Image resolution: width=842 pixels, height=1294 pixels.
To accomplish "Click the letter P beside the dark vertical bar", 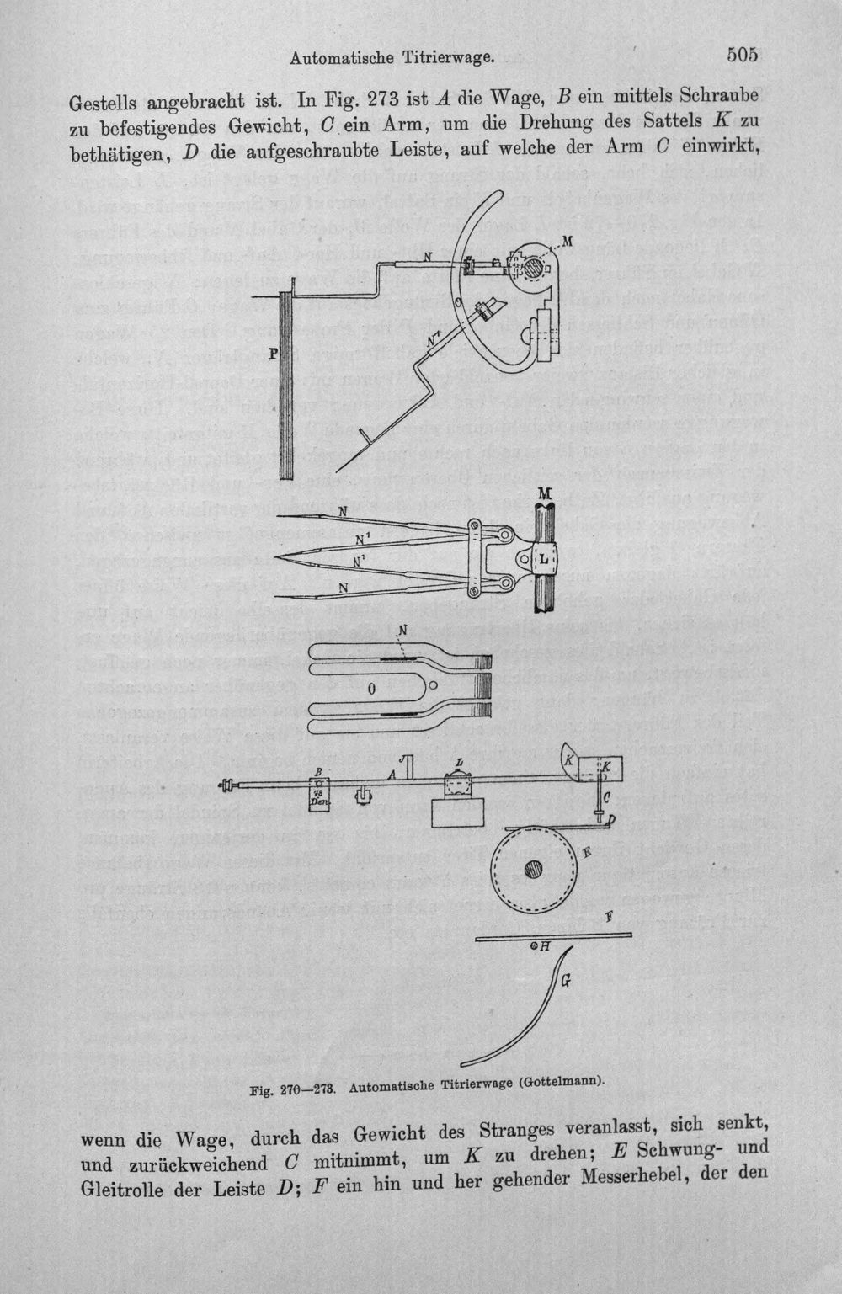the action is click(x=273, y=354).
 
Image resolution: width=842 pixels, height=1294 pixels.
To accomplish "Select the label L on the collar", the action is click(x=545, y=559).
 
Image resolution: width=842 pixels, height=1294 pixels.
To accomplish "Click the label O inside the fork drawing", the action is click(x=372, y=689).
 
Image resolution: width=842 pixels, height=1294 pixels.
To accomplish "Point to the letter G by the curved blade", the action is click(x=567, y=980).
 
